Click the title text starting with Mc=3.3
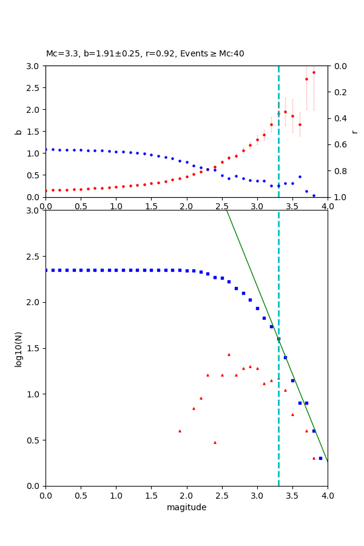coord(145,53)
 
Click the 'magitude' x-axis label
coord(186,507)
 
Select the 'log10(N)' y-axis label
coord(18,348)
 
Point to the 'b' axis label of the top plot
coord(18,132)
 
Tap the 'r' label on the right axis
coord(354,132)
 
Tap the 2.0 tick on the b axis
coord(34,110)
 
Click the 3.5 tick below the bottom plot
coord(292,494)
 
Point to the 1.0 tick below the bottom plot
coord(116,494)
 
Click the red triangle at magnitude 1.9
coord(180,431)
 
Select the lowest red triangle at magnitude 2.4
coord(215,442)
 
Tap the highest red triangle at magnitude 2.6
coord(229,354)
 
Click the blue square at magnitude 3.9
coord(320,458)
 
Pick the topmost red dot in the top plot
coord(314,72)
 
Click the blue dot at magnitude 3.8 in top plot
coord(314,195)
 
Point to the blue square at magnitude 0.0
coord(46,270)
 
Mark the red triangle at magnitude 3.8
coord(314,458)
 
